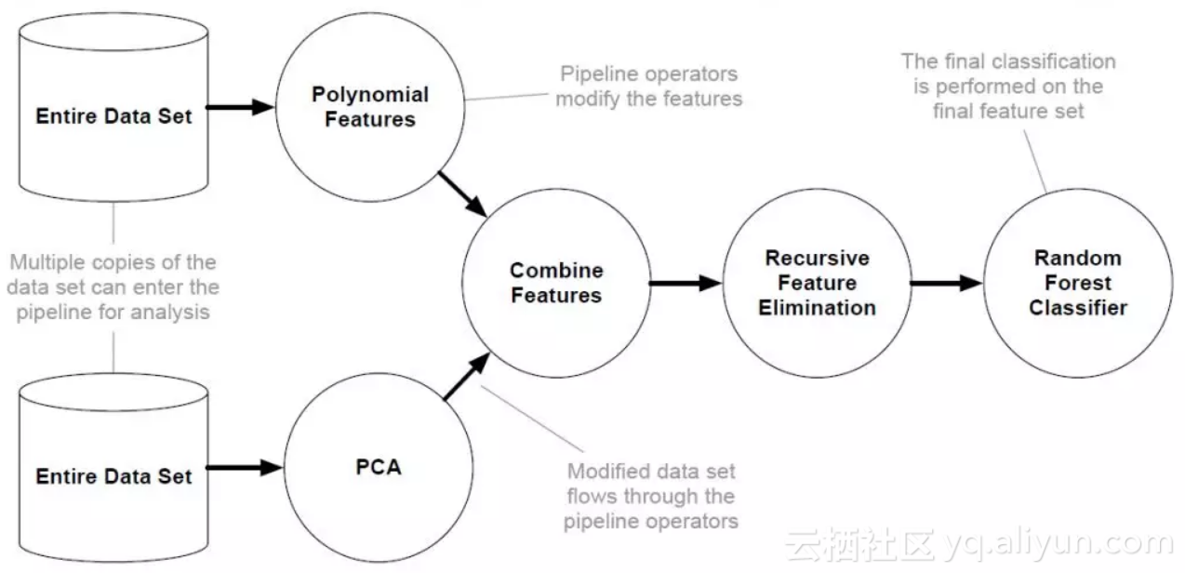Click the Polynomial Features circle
370,108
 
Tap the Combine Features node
556,283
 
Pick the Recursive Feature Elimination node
817,283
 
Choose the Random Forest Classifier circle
1078,283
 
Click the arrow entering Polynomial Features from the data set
240,108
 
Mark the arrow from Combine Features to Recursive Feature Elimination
686,283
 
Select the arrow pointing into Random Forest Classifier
946,283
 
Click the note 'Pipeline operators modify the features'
648,86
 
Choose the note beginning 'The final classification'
1008,86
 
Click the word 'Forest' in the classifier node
1078,283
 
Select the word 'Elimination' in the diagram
817,308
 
